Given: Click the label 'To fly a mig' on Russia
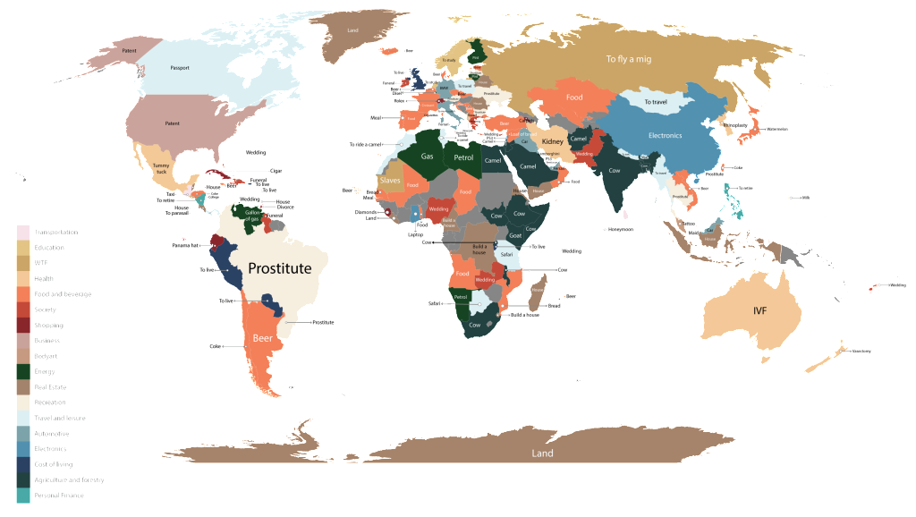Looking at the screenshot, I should [x=625, y=60].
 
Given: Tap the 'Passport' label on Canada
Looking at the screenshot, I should [x=180, y=68].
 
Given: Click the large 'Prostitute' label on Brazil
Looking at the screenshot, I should [x=280, y=268].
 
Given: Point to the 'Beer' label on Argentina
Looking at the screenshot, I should [x=263, y=340].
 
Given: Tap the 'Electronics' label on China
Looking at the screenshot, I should [x=665, y=136].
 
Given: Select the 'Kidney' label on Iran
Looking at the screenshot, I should [x=553, y=141].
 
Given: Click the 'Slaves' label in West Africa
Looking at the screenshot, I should [x=390, y=180].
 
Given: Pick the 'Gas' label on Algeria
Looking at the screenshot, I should [x=427, y=157].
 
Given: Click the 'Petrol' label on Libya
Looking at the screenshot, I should [x=463, y=158].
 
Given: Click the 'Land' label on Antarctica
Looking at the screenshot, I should [x=542, y=453].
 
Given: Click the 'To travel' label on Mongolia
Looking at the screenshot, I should [x=656, y=102].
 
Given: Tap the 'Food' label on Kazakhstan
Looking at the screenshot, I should [x=574, y=97].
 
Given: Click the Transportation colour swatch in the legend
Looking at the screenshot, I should [x=23, y=231].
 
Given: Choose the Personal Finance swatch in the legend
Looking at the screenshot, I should [x=23, y=495].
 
